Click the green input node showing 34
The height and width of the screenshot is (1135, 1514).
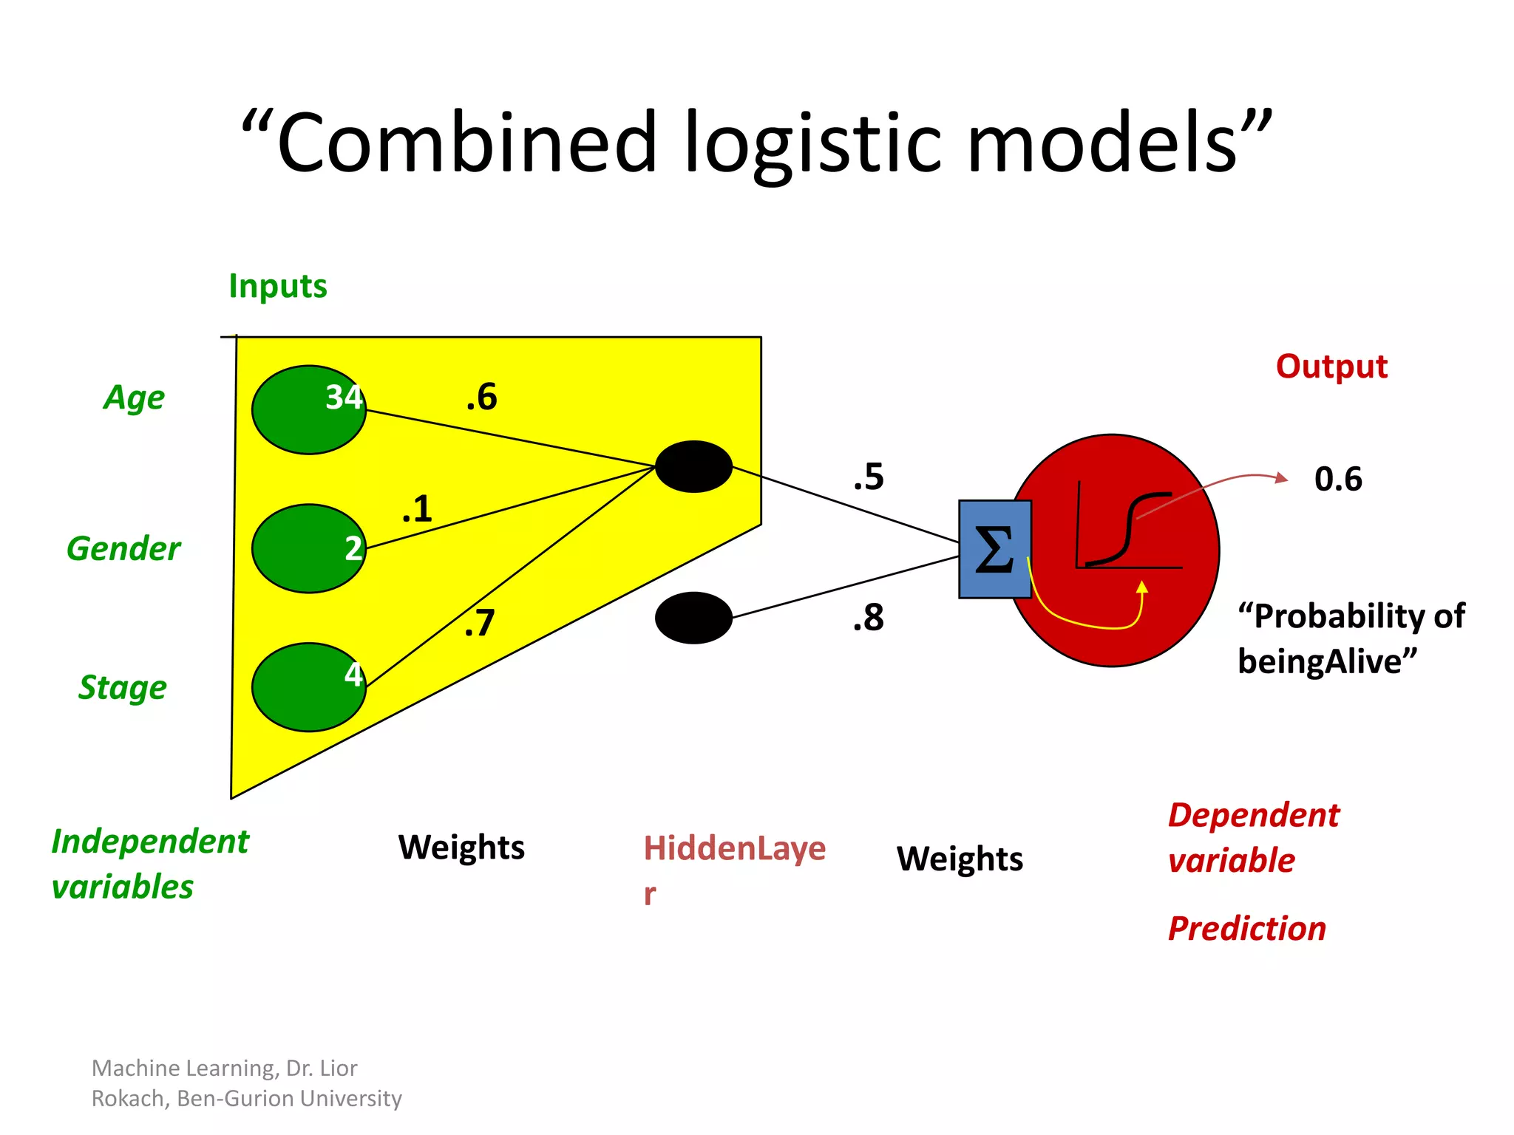pos(309,409)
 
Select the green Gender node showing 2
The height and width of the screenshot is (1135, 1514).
pos(309,548)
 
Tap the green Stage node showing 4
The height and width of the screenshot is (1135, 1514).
pos(309,687)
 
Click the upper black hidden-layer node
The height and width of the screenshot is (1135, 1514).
pos(693,467)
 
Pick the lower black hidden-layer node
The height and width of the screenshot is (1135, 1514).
pos(693,618)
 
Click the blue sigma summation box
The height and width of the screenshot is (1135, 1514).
pos(994,549)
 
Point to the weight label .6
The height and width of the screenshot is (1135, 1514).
pos(482,398)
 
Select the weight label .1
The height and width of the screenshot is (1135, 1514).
pos(417,510)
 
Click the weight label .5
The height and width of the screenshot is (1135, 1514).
pos(869,477)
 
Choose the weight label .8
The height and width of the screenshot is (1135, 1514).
pos(869,618)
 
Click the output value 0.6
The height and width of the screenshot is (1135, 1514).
pos(1338,479)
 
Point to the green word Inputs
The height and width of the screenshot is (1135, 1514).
pos(277,286)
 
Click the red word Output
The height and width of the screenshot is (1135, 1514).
pos(1331,367)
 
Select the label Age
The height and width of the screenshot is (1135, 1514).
pos(134,398)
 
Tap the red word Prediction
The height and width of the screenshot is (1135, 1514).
pos(1247,929)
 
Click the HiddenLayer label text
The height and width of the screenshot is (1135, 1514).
pos(734,848)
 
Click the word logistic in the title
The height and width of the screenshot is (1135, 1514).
pos(813,143)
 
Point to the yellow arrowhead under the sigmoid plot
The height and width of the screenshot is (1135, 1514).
pos(1142,587)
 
